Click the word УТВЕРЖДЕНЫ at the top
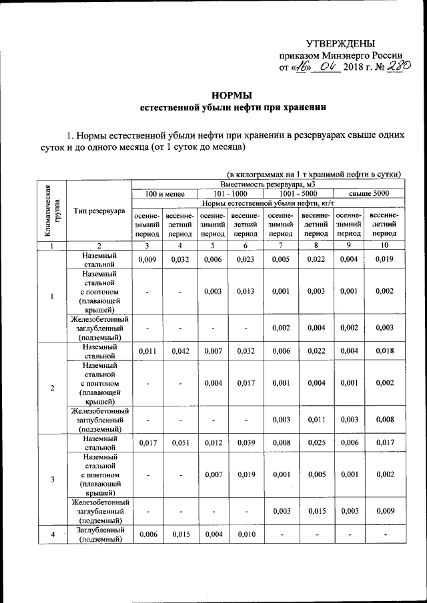345,42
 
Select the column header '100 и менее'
164,193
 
